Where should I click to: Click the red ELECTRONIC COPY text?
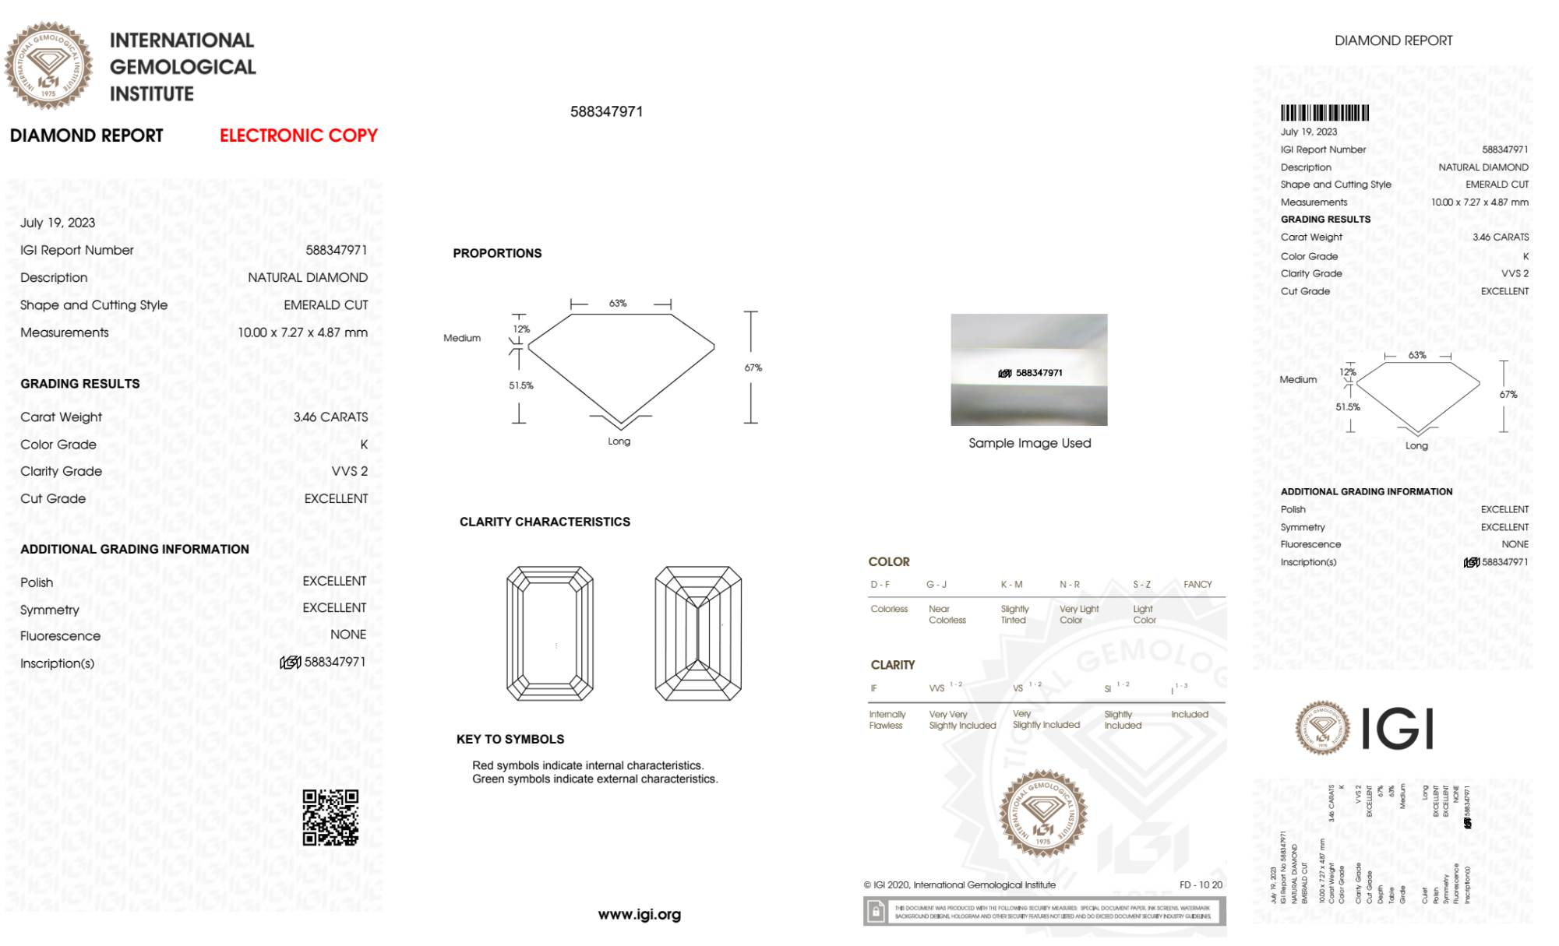click(298, 135)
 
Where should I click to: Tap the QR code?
click(330, 818)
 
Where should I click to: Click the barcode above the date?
click(1324, 113)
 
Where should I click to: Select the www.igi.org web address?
click(639, 915)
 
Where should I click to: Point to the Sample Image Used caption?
click(1029, 443)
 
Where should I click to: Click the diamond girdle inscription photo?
click(1028, 370)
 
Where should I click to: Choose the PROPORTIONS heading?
click(497, 253)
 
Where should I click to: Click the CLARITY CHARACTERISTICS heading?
click(545, 522)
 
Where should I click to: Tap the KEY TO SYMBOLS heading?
click(510, 739)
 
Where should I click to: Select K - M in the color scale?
click(1011, 584)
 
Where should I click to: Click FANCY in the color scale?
click(1197, 584)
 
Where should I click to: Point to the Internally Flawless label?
click(887, 719)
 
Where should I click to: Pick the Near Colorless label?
click(947, 614)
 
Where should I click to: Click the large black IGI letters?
click(1398, 729)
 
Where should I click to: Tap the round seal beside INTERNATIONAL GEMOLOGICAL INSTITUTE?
click(48, 66)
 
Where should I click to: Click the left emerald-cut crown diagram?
click(550, 633)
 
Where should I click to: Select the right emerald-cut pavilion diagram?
click(698, 633)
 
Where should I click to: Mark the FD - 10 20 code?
click(1201, 884)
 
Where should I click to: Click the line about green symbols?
click(594, 779)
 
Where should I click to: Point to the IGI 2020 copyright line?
click(959, 884)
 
